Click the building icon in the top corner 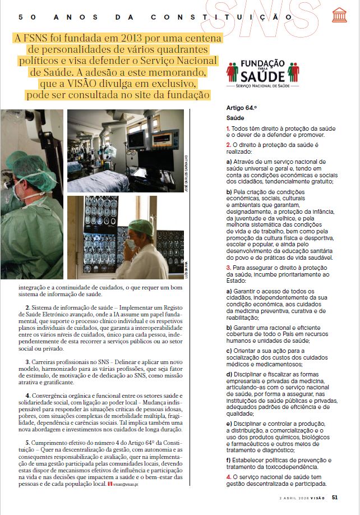click(339, 15)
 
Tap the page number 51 click(335, 496)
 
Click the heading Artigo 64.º click(241, 107)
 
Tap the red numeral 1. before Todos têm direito click(228, 129)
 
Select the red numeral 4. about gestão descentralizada click(228, 477)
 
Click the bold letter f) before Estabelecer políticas click(228, 460)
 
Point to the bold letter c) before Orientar click(228, 351)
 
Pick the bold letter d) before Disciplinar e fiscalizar click(228, 374)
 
